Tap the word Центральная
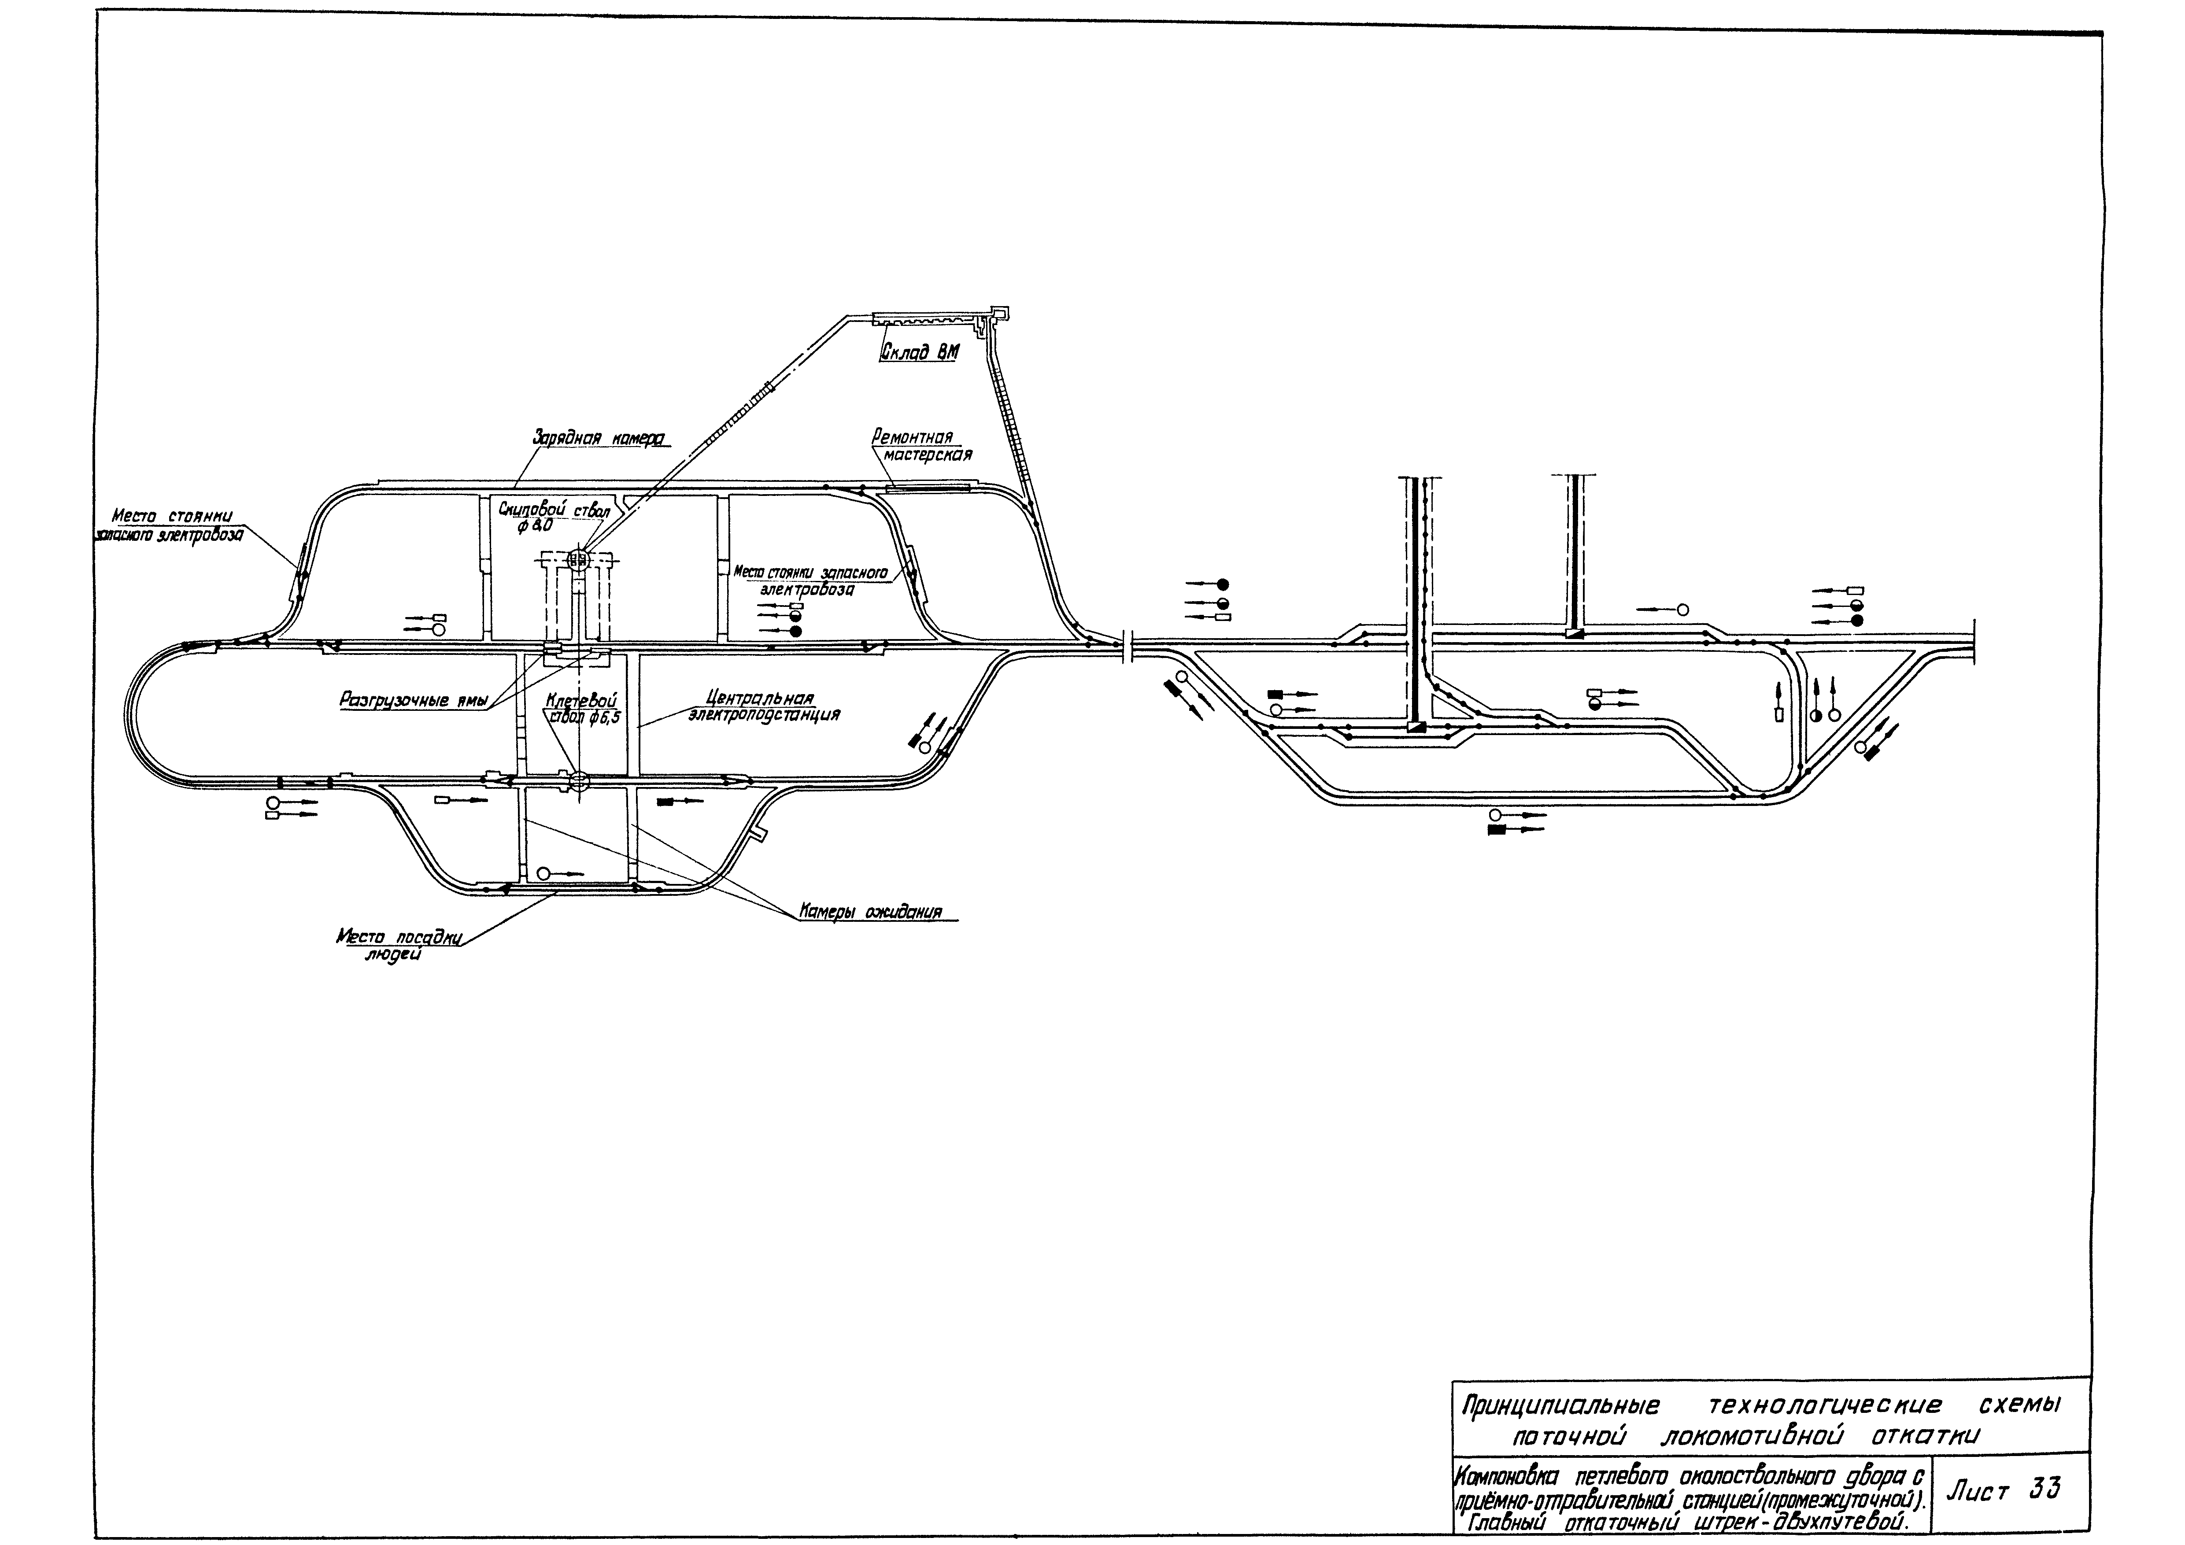tap(760, 697)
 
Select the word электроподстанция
tap(764, 713)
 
